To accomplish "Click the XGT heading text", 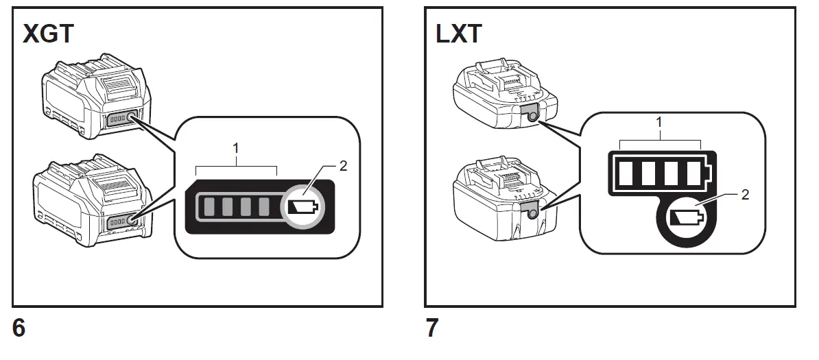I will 47,34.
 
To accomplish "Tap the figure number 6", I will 19,328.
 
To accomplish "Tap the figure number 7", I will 432,328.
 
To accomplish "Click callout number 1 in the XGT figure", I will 236,147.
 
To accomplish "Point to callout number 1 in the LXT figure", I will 659,123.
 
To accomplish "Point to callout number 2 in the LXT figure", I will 745,194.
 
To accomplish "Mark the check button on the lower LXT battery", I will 530,214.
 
